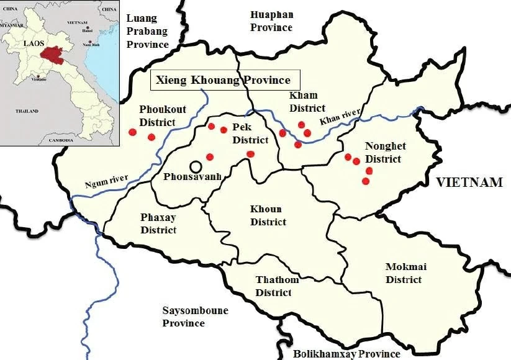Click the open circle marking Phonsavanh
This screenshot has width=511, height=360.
pyautogui.click(x=196, y=166)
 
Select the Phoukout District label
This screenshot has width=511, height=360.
pyautogui.click(x=157, y=115)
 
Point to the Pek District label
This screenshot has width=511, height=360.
pyautogui.click(x=250, y=133)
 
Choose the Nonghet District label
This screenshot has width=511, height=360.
pyautogui.click(x=385, y=153)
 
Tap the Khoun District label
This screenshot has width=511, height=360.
pyautogui.click(x=268, y=215)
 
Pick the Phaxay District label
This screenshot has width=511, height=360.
pyautogui.click(x=158, y=223)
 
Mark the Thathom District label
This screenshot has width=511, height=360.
pyautogui.click(x=277, y=286)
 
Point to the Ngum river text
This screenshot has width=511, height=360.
pyautogui.click(x=106, y=182)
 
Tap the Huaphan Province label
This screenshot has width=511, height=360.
pyautogui.click(x=271, y=20)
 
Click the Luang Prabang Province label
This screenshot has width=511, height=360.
pyautogui.click(x=147, y=31)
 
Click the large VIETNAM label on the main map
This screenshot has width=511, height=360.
pyautogui.click(x=469, y=182)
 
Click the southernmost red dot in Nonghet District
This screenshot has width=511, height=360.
pyautogui.click(x=365, y=181)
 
